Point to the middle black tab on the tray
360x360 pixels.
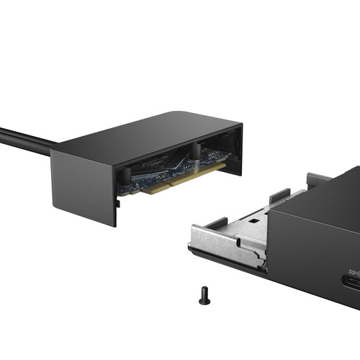[x=279, y=194]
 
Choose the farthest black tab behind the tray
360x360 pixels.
[x=317, y=178]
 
